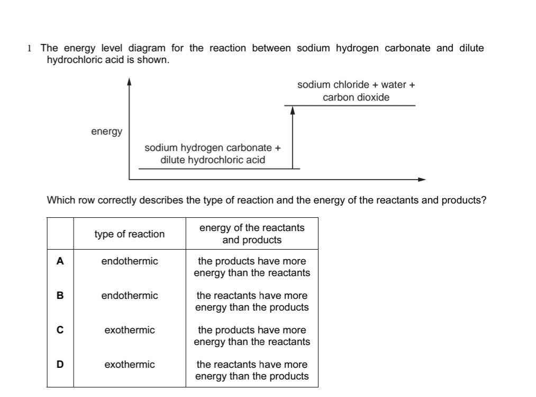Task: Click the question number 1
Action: pyautogui.click(x=30, y=49)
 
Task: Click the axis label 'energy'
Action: pyautogui.click(x=106, y=131)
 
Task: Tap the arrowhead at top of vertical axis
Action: pyautogui.click(x=129, y=82)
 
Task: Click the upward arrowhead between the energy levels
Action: pyautogui.click(x=292, y=110)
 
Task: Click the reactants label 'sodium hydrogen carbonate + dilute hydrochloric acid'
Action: pyautogui.click(x=213, y=154)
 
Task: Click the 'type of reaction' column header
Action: pyautogui.click(x=130, y=234)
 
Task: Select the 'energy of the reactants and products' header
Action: pyautogui.click(x=252, y=234)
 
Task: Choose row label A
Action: pyautogui.click(x=60, y=261)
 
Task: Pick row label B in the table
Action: pyautogui.click(x=60, y=296)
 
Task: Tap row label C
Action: pyautogui.click(x=60, y=330)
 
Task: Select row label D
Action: pyautogui.click(x=60, y=365)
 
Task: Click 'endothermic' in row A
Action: pyautogui.click(x=130, y=261)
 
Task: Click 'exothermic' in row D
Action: pyautogui.click(x=130, y=365)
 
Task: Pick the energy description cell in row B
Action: pyautogui.click(x=252, y=301)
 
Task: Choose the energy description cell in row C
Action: pyautogui.click(x=252, y=336)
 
